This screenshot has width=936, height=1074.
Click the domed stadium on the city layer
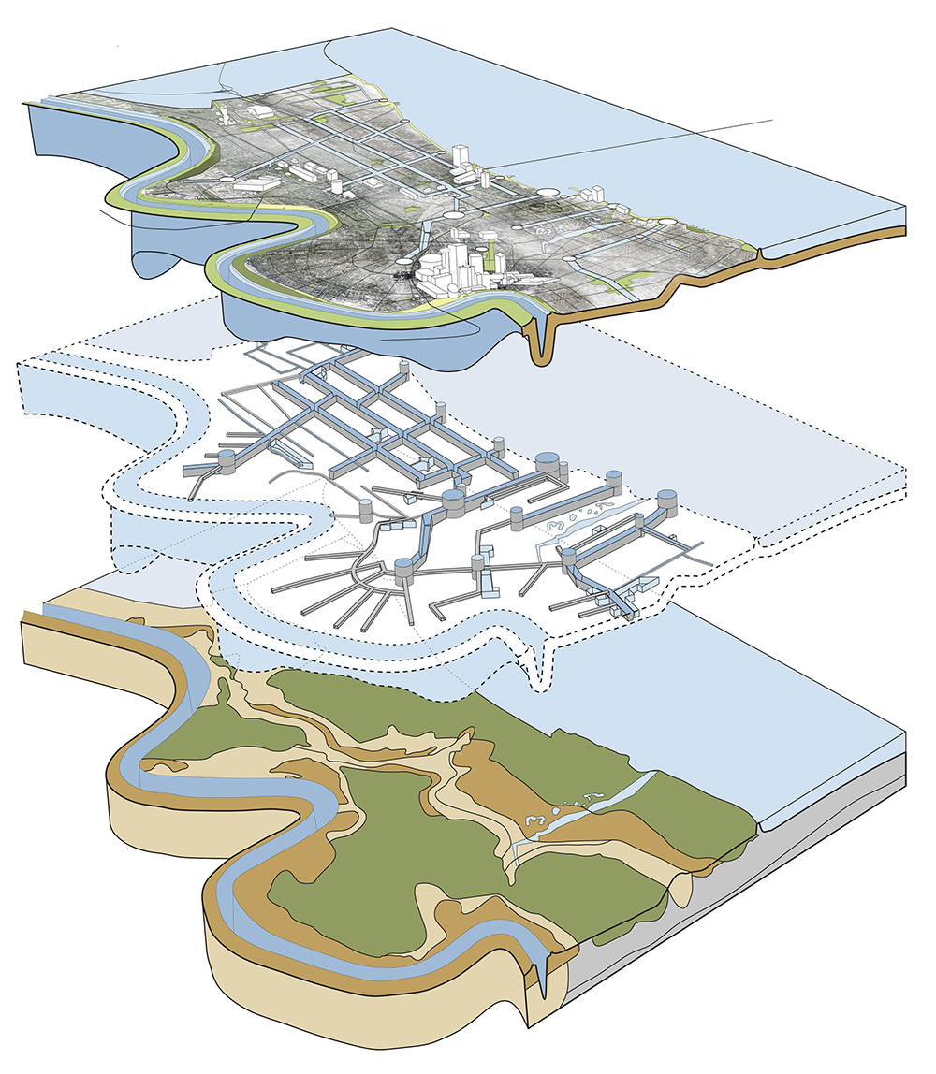(x=259, y=112)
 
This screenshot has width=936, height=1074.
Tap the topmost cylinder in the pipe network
(x=404, y=369)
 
